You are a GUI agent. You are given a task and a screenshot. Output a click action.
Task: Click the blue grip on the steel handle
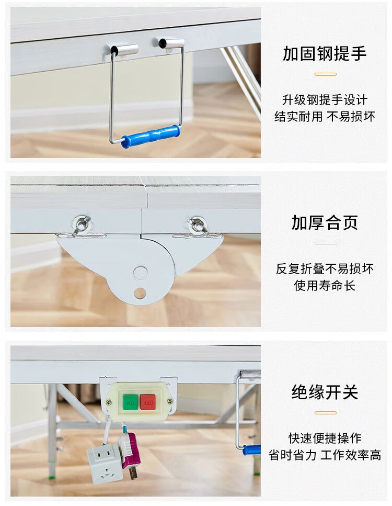151,136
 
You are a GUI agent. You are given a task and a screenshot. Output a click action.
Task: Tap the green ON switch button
130,402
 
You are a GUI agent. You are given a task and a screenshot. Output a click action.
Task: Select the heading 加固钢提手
325,53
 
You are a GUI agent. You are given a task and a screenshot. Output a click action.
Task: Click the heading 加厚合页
325,223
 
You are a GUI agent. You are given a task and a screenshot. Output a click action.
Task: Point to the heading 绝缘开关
325,392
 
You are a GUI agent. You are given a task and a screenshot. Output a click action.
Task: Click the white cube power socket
104,464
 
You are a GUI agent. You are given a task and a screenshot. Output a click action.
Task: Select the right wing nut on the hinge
197,225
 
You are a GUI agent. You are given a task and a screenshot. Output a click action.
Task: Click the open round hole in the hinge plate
140,294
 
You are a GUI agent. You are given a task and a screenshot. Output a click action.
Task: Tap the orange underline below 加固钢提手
325,74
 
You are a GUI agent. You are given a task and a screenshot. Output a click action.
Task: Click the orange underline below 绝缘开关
325,413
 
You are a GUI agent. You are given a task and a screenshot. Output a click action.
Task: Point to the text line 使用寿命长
325,286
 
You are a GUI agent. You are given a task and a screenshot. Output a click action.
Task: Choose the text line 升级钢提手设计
325,100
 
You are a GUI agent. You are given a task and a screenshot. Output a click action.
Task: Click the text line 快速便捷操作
325,438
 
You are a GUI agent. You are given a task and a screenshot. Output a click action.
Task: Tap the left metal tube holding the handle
124,49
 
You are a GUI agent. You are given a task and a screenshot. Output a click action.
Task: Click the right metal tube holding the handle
171,43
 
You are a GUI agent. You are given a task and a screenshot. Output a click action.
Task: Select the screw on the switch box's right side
169,401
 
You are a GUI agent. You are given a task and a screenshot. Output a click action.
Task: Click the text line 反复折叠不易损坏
325,269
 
